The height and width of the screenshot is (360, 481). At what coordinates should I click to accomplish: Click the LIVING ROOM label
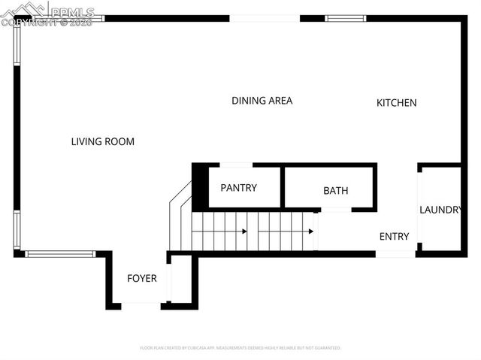[102, 141]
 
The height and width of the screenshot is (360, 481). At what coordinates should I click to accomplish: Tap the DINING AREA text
[262, 101]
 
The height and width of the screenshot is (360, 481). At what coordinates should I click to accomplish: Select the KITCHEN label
[396, 103]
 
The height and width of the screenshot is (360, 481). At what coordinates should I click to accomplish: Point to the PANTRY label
[238, 188]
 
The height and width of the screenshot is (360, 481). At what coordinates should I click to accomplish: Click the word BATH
[335, 191]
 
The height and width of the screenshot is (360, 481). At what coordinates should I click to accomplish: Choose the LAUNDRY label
[440, 210]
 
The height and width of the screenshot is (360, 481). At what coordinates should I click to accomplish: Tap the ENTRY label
[394, 237]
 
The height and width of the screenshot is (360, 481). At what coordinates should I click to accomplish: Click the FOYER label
[141, 279]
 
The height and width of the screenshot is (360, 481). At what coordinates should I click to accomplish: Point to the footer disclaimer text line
[240, 348]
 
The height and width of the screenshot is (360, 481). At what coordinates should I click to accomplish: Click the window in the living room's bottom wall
[60, 253]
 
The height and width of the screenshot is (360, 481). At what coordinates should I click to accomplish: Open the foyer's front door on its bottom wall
[141, 304]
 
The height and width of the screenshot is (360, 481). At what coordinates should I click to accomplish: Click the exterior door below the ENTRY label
[395, 254]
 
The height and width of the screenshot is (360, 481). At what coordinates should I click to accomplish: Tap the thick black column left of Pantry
[200, 186]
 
